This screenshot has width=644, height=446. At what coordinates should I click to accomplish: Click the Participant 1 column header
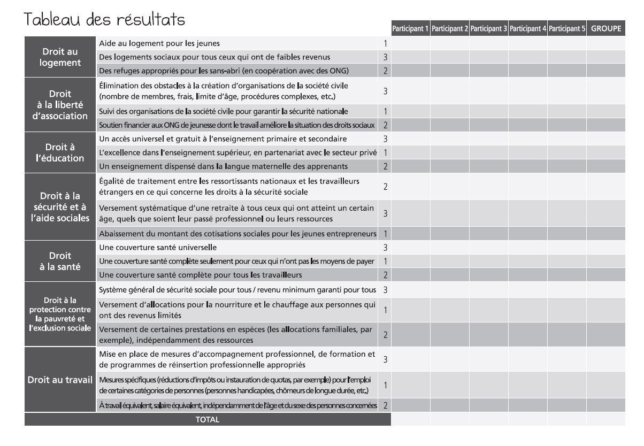pyautogui.click(x=410, y=29)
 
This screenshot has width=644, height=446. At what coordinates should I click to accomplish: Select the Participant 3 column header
pyautogui.click(x=488, y=29)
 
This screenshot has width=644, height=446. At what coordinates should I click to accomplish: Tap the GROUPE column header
pyautogui.click(x=605, y=29)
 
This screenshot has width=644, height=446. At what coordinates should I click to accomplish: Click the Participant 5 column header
pyautogui.click(x=566, y=29)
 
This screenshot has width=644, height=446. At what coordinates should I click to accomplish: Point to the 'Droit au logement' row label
pyautogui.click(x=61, y=57)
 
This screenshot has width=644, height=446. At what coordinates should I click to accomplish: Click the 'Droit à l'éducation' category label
pyautogui.click(x=61, y=152)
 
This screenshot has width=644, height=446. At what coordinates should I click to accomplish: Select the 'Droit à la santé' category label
pyautogui.click(x=61, y=261)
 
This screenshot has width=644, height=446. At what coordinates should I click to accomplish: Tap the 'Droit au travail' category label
pyautogui.click(x=61, y=380)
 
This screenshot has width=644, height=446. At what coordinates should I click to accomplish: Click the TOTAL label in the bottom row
pyautogui.click(x=208, y=420)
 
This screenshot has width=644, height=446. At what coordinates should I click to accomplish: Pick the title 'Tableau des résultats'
pyautogui.click(x=105, y=19)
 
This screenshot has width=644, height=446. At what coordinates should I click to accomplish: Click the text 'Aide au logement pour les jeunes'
pyautogui.click(x=159, y=43)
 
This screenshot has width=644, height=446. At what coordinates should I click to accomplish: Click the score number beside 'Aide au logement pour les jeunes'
pyautogui.click(x=385, y=43)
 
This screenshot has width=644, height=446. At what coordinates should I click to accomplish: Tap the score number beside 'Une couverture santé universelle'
pyautogui.click(x=385, y=248)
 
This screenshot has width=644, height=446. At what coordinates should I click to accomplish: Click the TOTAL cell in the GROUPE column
pyautogui.click(x=605, y=420)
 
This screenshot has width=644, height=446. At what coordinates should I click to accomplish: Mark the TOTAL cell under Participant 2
pyautogui.click(x=450, y=420)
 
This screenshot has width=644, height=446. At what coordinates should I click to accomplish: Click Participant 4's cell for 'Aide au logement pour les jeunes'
pyautogui.click(x=527, y=43)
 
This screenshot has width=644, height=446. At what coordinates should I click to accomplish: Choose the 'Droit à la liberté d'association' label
pyautogui.click(x=61, y=105)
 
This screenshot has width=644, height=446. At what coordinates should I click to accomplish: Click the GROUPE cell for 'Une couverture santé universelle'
pyautogui.click(x=605, y=248)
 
